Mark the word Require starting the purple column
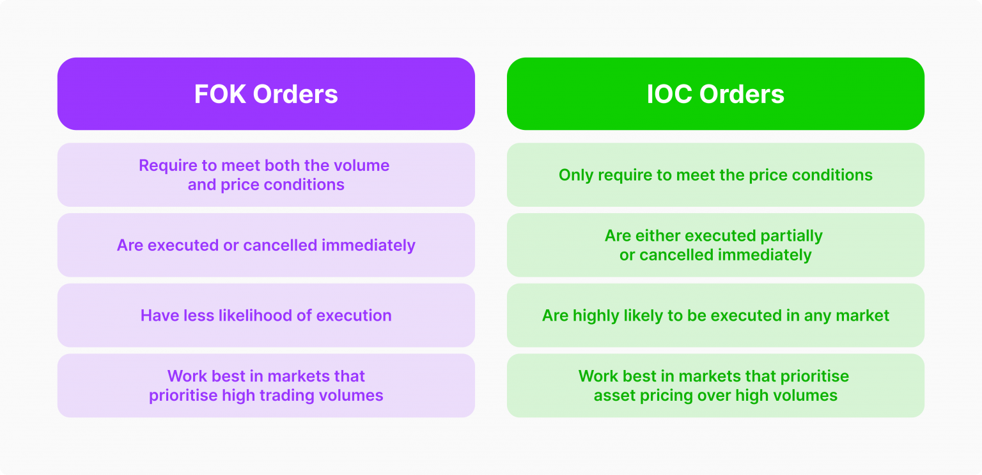pyautogui.click(x=168, y=165)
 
